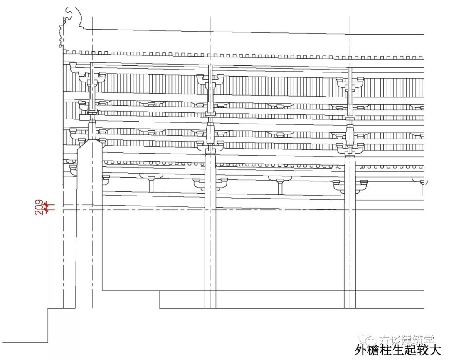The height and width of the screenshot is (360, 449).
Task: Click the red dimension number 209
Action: pyautogui.click(x=39, y=207)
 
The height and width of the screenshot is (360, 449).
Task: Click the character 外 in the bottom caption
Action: pyautogui.click(x=360, y=350)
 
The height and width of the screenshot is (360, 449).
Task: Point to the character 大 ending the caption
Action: pyautogui.click(x=435, y=350)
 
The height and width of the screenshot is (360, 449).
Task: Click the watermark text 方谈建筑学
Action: pyautogui.click(x=405, y=340)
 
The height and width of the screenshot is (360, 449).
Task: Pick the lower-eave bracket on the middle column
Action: pyautogui.click(x=210, y=182)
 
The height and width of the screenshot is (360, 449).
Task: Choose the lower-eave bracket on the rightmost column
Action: pyautogui.click(x=350, y=183)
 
